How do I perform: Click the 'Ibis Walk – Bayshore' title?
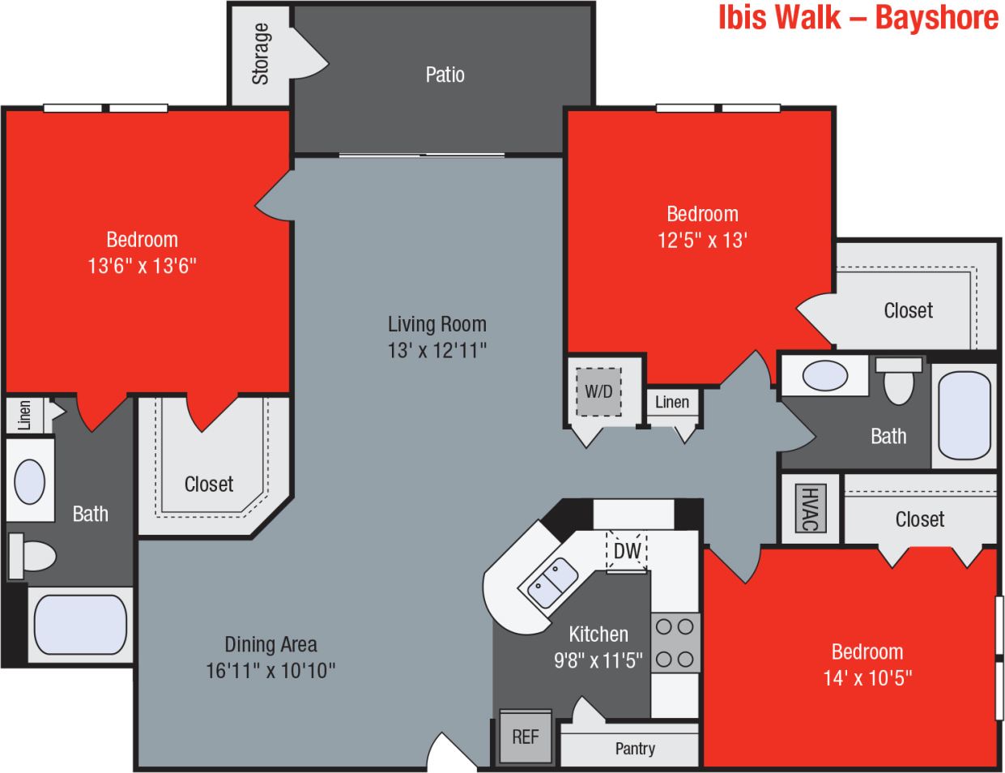(858, 18)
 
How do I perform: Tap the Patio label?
(445, 75)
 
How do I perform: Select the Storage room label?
(260, 54)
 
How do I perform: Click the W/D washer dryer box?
(598, 391)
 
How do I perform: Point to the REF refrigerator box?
(525, 737)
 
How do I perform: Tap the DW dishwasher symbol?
(627, 551)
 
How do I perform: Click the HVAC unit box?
(809, 508)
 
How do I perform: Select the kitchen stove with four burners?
(675, 643)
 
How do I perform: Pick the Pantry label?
(635, 749)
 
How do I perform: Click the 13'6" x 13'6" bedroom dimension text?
(143, 266)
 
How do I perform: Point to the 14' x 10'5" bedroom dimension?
(867, 677)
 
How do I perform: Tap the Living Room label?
(437, 324)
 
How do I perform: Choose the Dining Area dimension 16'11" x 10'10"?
(270, 670)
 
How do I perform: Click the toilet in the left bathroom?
(32, 556)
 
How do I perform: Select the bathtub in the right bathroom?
(964, 416)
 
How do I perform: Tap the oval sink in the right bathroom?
(825, 376)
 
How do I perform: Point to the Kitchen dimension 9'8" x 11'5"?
(598, 660)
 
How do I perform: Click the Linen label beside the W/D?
(672, 402)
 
